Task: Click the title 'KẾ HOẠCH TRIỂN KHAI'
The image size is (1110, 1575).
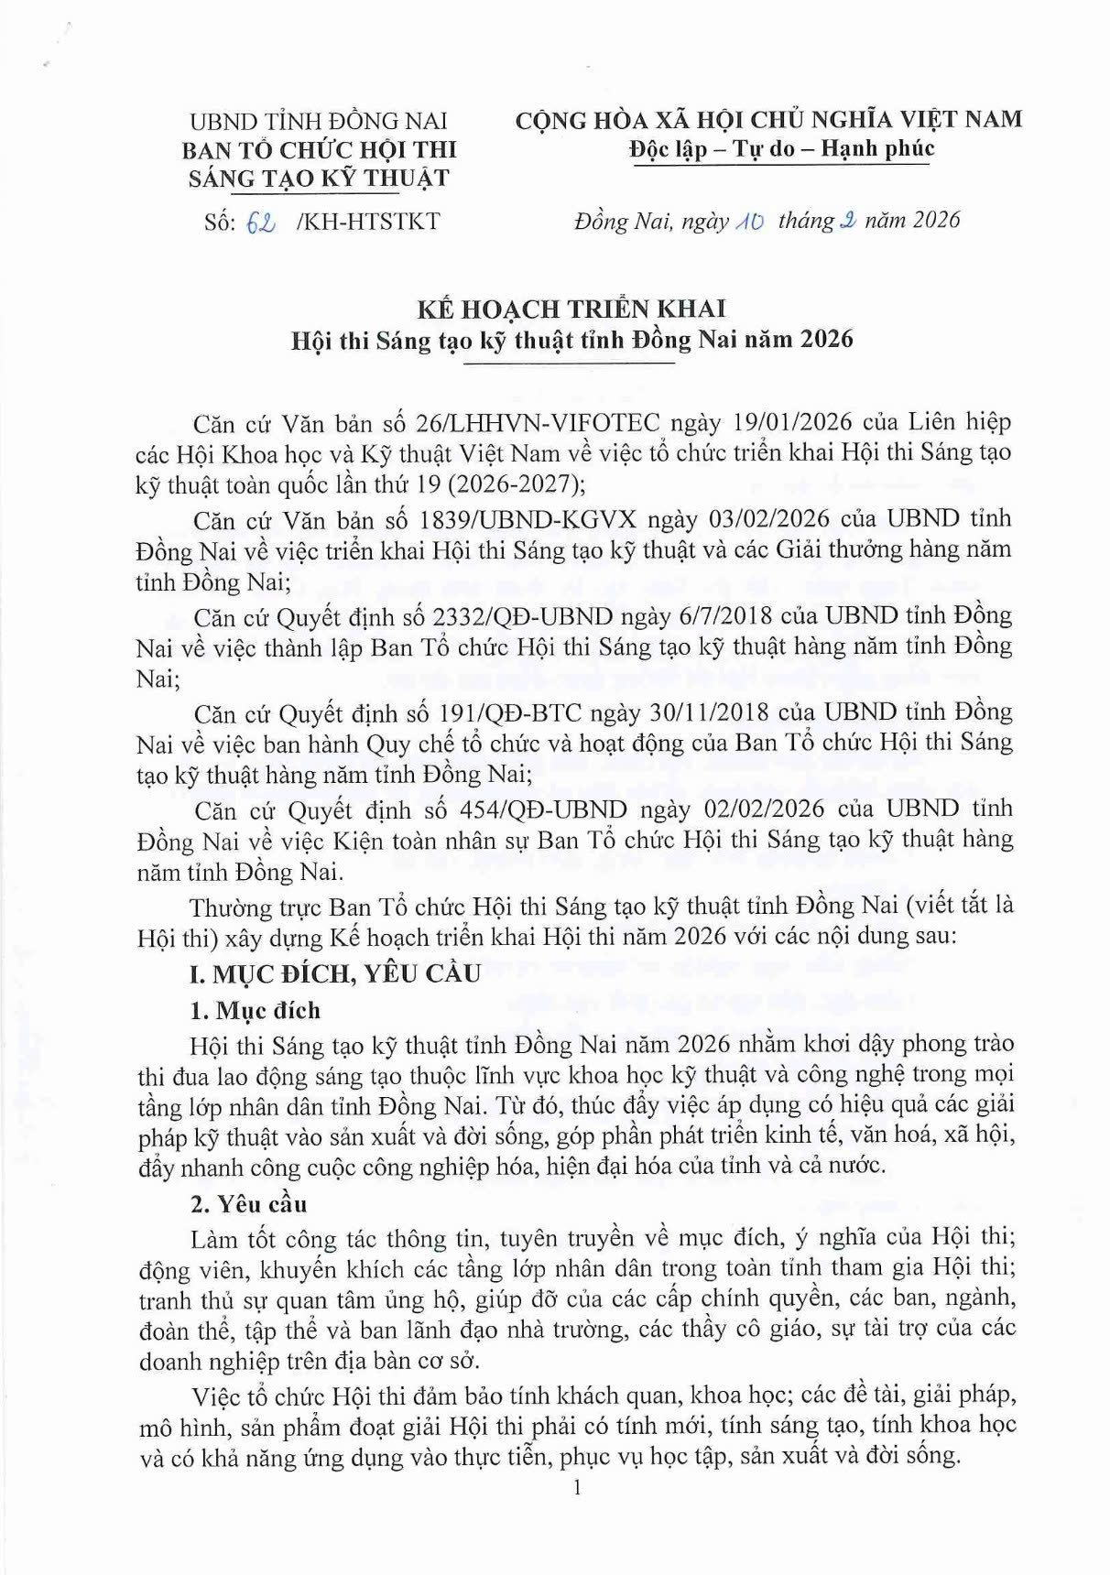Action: pos(571,310)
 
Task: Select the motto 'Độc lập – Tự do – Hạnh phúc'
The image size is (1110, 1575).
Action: pos(781,149)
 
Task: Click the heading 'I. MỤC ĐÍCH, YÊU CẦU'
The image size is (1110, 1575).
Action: pos(335,973)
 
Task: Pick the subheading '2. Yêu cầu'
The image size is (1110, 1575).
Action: pos(248,1204)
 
